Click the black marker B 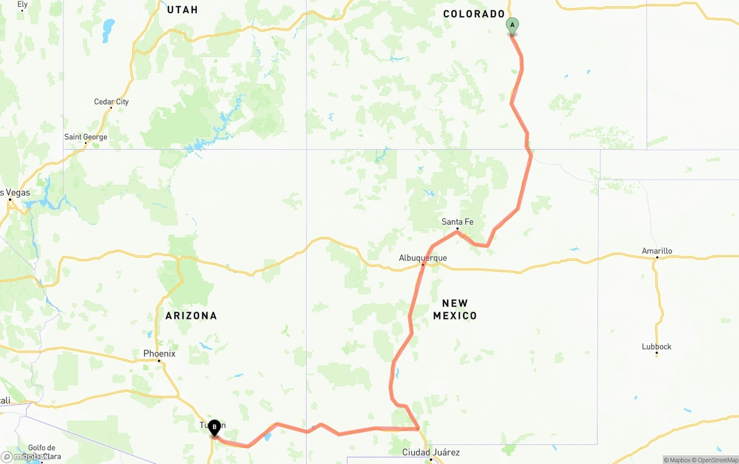pyautogui.click(x=214, y=428)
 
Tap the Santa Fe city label pyautogui.click(x=457, y=222)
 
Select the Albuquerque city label pyautogui.click(x=423, y=258)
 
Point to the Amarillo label pyautogui.click(x=657, y=251)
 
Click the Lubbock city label pyautogui.click(x=656, y=347)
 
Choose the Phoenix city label pyautogui.click(x=159, y=354)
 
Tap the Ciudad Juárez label pyautogui.click(x=431, y=452)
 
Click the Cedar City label pyautogui.click(x=111, y=102)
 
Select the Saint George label pyautogui.click(x=85, y=138)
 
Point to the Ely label pyautogui.click(x=23, y=5)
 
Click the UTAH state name pyautogui.click(x=182, y=10)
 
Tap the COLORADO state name pyautogui.click(x=474, y=14)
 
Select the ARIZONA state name pyautogui.click(x=191, y=315)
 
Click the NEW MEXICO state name pyautogui.click(x=455, y=309)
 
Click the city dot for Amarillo pyautogui.click(x=656, y=258)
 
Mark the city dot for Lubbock pyautogui.click(x=656, y=353)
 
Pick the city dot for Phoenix pyautogui.click(x=159, y=361)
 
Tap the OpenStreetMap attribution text pyautogui.click(x=716, y=460)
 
